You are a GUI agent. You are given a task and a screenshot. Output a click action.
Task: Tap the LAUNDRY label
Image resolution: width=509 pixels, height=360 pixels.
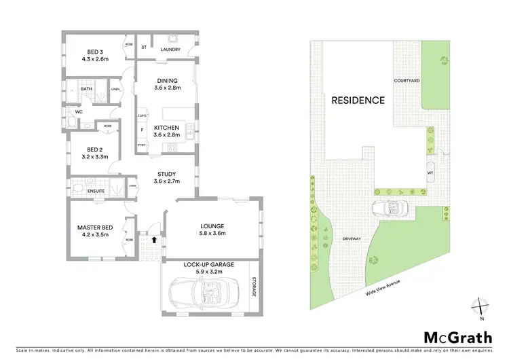[x=170, y=49]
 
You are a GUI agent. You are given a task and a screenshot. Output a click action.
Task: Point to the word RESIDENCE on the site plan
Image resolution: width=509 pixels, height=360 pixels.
[x=358, y=101]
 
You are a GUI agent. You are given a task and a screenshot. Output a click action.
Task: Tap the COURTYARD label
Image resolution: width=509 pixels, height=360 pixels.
[x=407, y=80]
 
